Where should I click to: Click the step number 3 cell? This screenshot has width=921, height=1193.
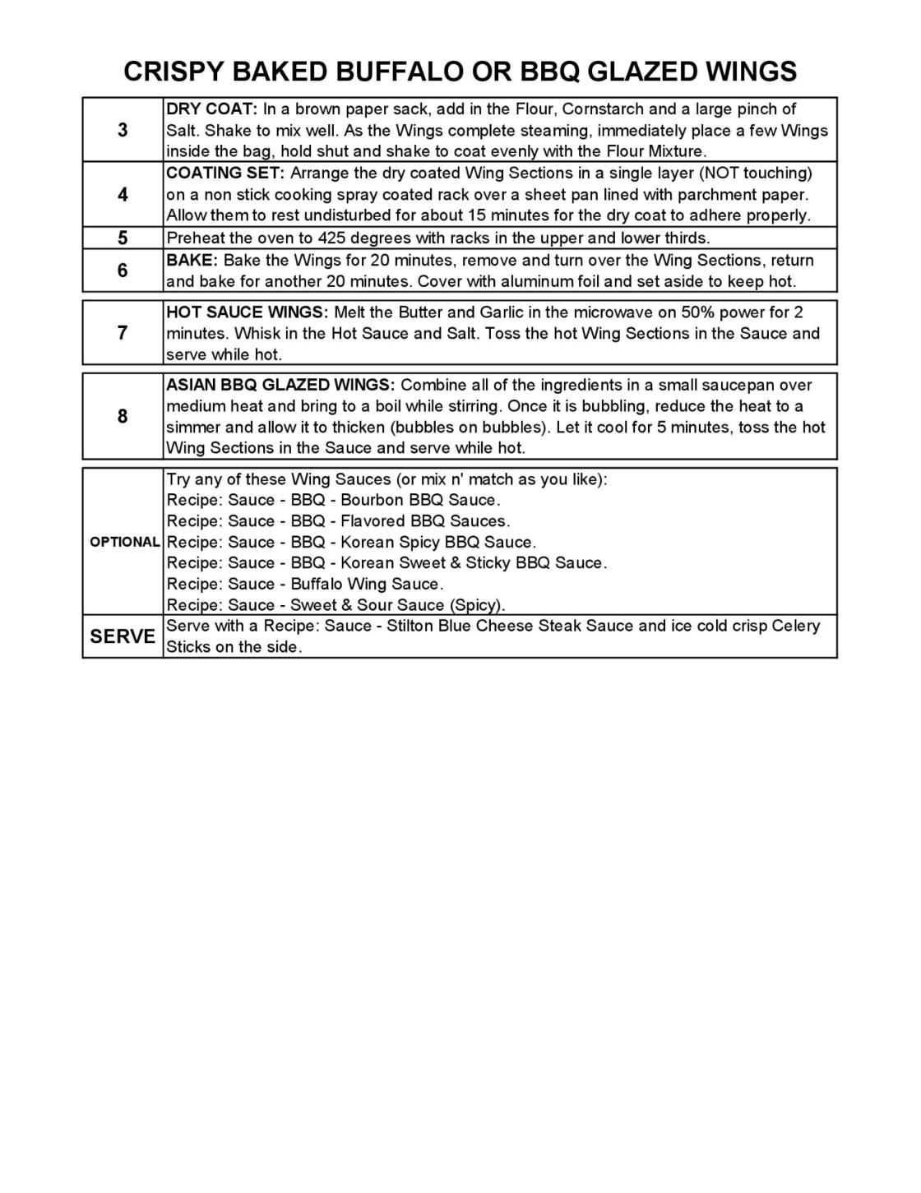[x=123, y=130]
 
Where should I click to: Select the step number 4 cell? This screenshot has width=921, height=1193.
[x=123, y=195]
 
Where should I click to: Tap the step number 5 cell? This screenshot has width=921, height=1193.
[x=123, y=238]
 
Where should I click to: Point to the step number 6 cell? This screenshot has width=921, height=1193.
[x=123, y=271]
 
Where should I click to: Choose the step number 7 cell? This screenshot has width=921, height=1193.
[x=123, y=333]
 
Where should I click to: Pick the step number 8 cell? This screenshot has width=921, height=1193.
[x=123, y=416]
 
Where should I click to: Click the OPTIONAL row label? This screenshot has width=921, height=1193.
[x=124, y=542]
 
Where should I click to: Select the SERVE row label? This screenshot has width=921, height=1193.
[x=123, y=636]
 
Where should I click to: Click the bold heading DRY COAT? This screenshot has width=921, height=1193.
[x=212, y=109]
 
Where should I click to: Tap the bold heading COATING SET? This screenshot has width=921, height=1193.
[x=224, y=173]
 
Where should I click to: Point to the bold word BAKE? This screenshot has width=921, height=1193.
[x=192, y=261]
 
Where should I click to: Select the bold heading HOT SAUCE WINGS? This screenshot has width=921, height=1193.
[x=247, y=312]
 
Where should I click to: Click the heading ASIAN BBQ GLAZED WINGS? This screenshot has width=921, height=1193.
[x=280, y=386]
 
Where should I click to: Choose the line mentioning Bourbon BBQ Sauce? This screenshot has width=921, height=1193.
[x=333, y=500]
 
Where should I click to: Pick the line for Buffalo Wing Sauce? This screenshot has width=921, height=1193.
[x=305, y=584]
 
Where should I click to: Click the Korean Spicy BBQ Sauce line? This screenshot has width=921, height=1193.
[x=351, y=542]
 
